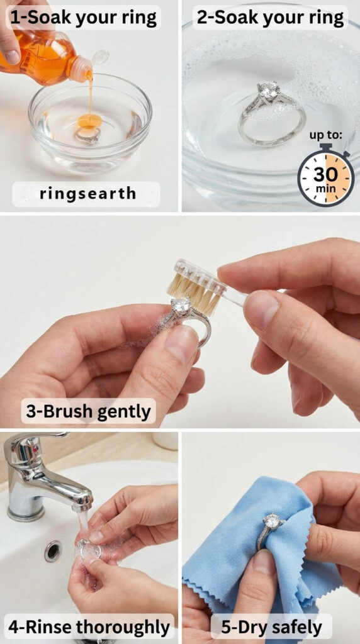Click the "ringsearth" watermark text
point(87,194)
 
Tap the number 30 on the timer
point(326,174)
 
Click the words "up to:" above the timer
point(325,136)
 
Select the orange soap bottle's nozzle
point(82,70)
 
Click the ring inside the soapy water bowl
point(272,113)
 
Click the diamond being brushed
point(181,306)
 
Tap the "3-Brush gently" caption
point(88,411)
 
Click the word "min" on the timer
point(325,189)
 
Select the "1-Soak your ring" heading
point(84,17)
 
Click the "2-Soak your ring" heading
point(270,18)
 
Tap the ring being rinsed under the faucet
point(89,548)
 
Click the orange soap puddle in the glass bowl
point(89,121)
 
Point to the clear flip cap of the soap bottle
point(100,57)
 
